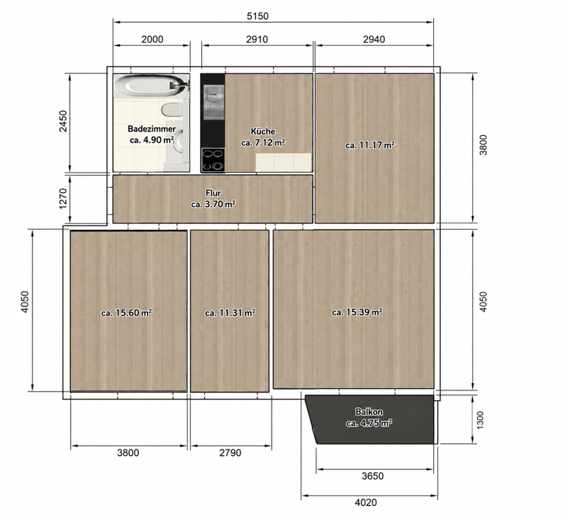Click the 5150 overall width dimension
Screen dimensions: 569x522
[257, 16]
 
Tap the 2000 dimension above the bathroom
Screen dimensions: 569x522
[152, 39]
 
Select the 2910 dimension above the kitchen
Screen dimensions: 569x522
[257, 39]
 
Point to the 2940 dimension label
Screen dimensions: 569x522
[374, 39]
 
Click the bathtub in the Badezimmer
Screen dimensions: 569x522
[151, 85]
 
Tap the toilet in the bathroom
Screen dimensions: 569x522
[171, 110]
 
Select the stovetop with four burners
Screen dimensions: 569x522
[213, 159]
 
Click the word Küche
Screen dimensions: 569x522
[263, 132]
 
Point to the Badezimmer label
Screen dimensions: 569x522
[151, 129]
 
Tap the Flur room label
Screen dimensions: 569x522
[213, 193]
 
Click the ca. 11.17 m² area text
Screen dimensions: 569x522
[370, 145]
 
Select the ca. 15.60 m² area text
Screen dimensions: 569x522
[127, 313]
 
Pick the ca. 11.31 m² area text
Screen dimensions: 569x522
[230, 313]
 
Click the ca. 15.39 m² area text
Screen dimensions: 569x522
[357, 312]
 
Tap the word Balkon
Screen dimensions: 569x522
[369, 412]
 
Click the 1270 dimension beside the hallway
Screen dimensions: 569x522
[63, 198]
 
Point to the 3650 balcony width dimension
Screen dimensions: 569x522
[373, 476]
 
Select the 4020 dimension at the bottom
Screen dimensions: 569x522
[366, 502]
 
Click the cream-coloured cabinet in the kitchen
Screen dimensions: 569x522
[284, 162]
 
